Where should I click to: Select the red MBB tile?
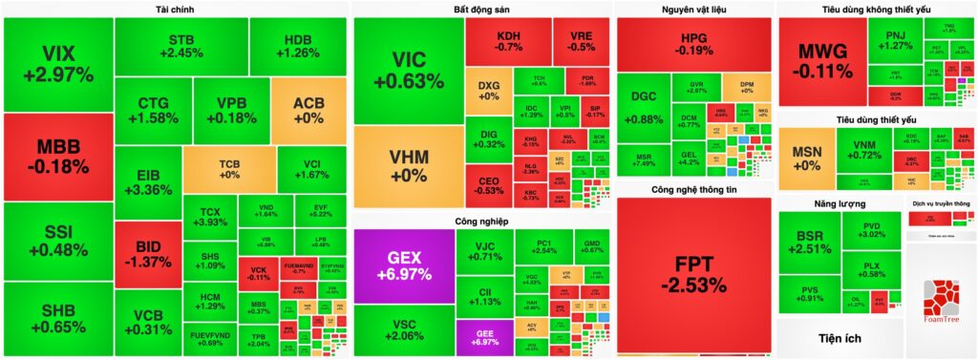[x=58, y=157]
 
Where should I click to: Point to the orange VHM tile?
[x=409, y=166]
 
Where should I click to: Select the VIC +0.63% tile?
[x=409, y=72]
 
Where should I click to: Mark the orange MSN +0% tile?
[x=808, y=159]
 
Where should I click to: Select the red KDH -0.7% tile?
[x=508, y=41]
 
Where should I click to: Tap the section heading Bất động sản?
[x=481, y=10]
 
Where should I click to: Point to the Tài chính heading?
[x=174, y=10]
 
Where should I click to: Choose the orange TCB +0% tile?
[x=229, y=168]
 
